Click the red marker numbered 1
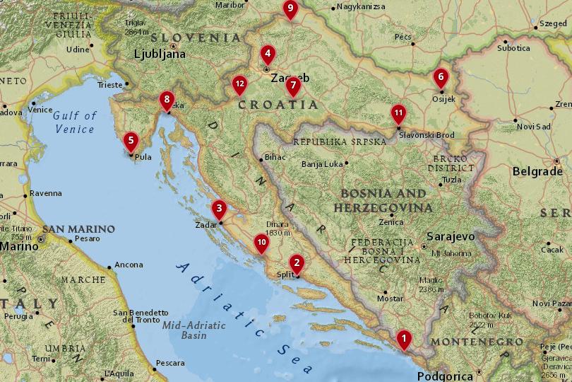403,339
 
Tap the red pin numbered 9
290,8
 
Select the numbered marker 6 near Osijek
441,76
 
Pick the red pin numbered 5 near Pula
131,140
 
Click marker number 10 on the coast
261,243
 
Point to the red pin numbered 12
240,84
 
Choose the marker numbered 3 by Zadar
220,208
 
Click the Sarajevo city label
451,237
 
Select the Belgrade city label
537,171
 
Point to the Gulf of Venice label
74,122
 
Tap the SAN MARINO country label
78,229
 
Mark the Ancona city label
129,265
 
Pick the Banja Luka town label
322,164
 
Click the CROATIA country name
278,105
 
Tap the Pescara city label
169,363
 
